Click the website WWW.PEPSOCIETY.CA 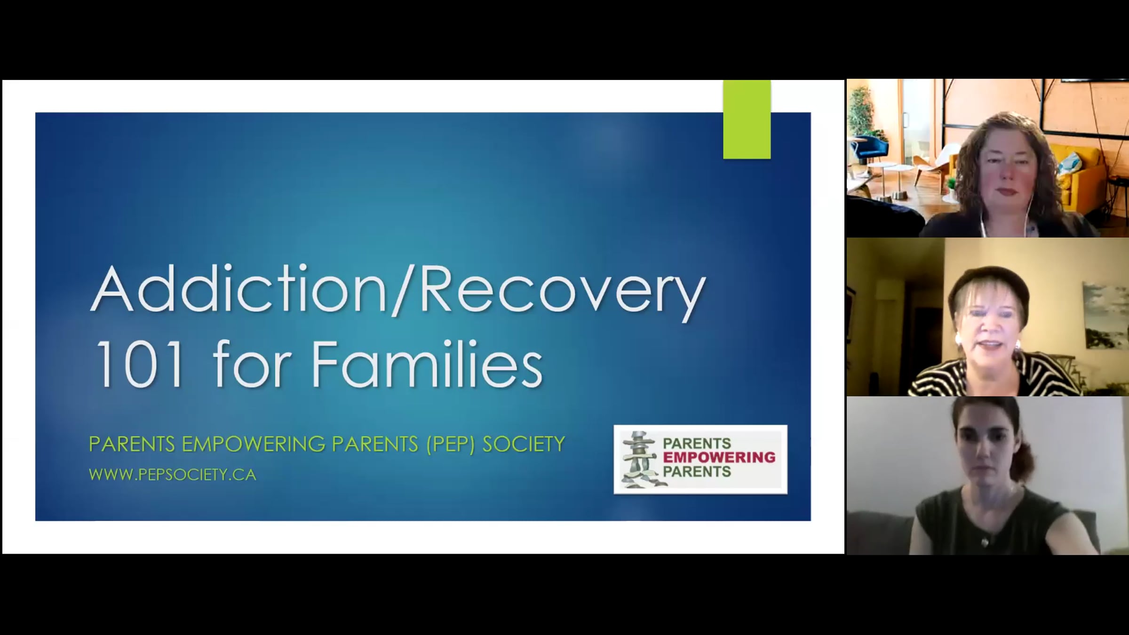pos(173,475)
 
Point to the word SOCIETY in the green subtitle pos(524,444)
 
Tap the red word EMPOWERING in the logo pos(719,457)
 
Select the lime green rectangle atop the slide pos(747,119)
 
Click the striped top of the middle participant pos(993,376)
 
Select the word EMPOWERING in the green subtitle pos(254,444)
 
